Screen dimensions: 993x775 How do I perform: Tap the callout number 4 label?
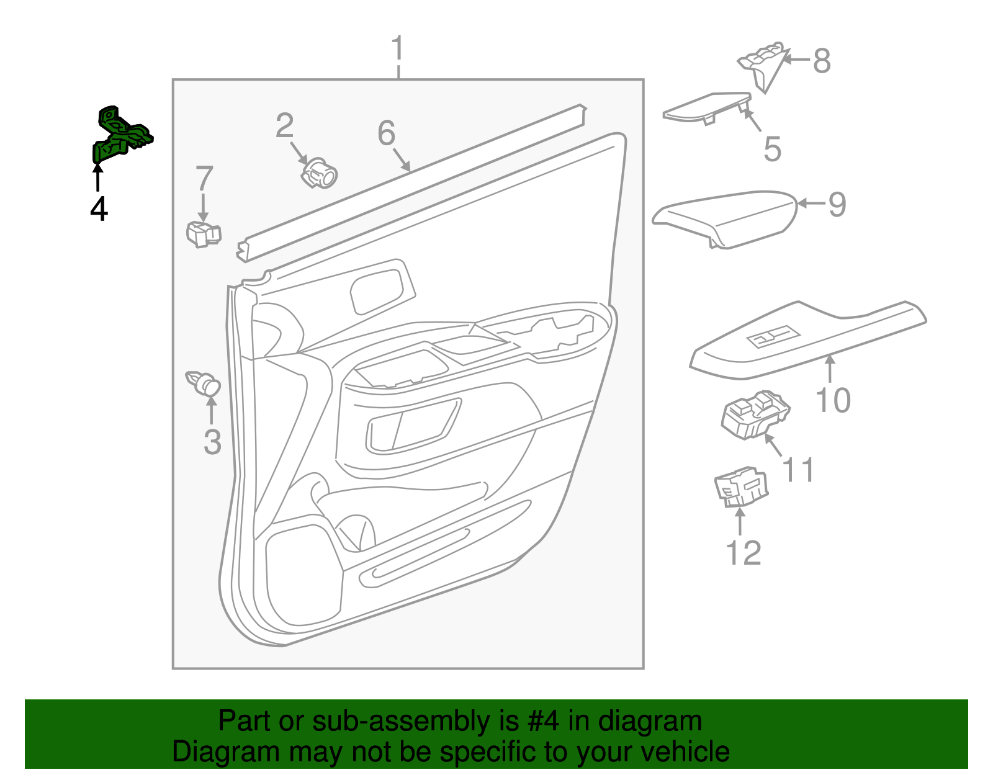99,209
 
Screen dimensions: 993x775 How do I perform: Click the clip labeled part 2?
319,173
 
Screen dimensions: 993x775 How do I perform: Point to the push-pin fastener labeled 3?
204,383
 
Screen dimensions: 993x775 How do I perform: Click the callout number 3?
212,442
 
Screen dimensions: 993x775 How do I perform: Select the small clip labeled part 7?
203,234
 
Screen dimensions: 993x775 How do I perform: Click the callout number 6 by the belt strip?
386,133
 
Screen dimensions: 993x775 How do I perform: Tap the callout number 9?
837,204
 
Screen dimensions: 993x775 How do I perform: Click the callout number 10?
833,400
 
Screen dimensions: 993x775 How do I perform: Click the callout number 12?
743,552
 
